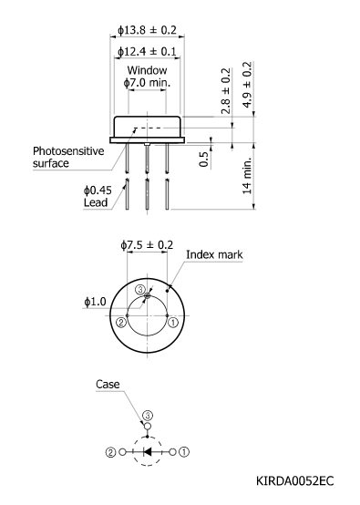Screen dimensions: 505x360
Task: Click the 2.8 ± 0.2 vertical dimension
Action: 226,89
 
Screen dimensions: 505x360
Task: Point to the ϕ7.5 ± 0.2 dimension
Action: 147,245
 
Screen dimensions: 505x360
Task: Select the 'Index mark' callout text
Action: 214,255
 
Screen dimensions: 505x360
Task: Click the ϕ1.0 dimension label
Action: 96,302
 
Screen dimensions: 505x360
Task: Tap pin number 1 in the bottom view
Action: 173,321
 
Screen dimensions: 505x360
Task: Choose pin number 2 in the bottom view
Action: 120,321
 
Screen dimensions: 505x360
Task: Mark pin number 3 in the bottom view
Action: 140,290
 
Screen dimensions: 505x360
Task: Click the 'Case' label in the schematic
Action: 108,385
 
